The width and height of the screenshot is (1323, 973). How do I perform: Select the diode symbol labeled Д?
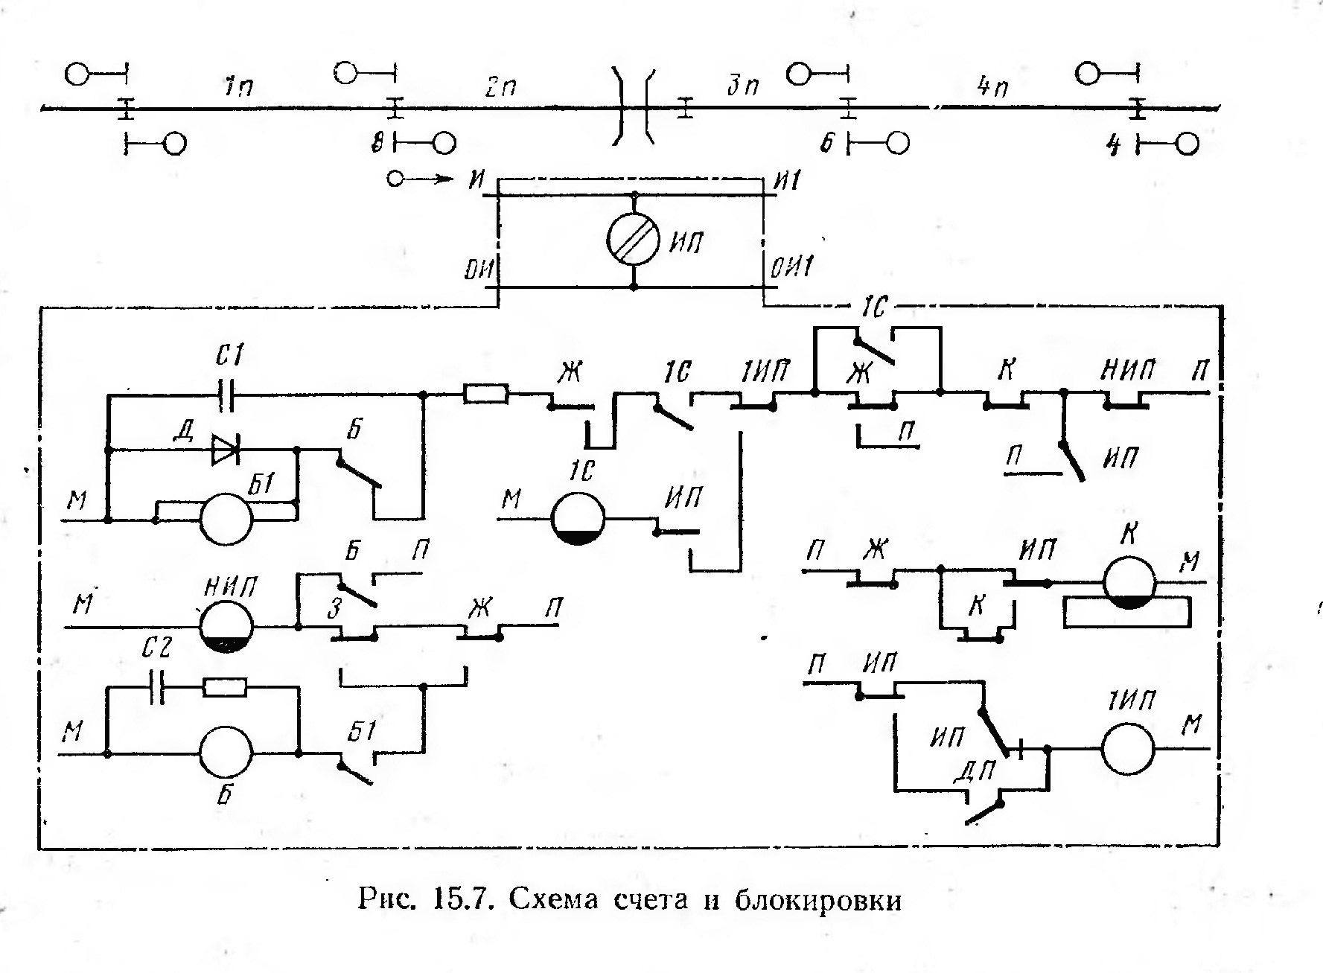(223, 450)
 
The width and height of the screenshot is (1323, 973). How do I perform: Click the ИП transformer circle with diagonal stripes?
(634, 240)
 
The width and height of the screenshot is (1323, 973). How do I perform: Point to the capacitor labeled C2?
(157, 687)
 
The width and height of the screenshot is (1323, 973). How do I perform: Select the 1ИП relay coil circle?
(1129, 749)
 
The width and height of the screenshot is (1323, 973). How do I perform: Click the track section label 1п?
(238, 86)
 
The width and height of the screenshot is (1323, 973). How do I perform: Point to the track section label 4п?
(993, 87)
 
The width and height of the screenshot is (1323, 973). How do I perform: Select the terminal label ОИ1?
(791, 267)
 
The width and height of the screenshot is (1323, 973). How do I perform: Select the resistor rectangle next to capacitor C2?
(224, 687)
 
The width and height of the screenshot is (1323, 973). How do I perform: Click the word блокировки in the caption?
(818, 900)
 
